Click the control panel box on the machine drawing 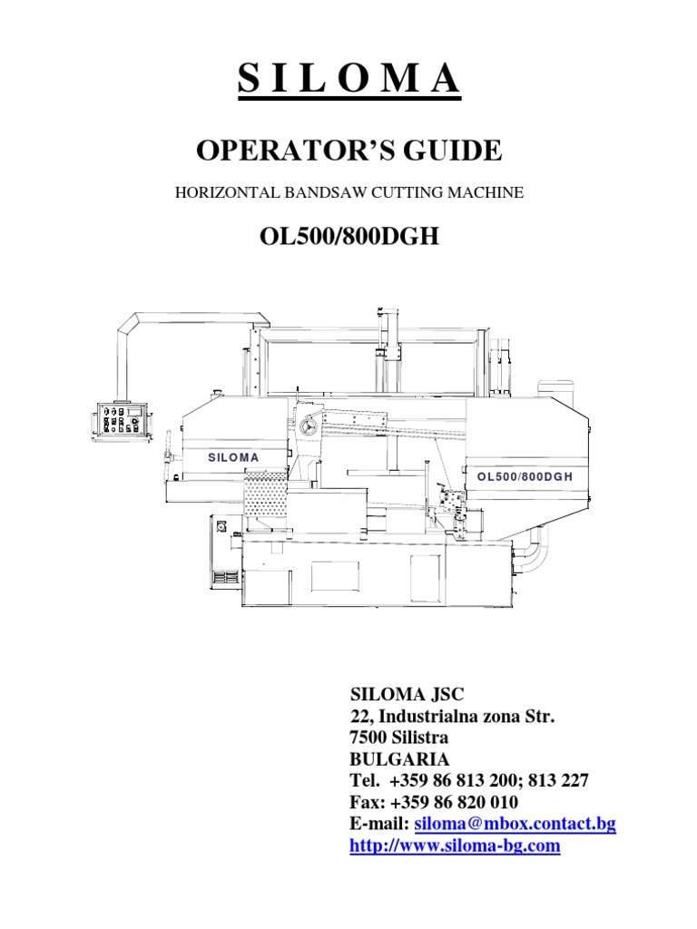tap(119, 421)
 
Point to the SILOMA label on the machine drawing tap(233, 457)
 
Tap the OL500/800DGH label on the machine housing tap(525, 475)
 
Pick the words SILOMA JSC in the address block tap(407, 695)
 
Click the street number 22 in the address tap(359, 717)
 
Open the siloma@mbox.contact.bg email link tap(515, 825)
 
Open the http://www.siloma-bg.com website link tap(455, 846)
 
